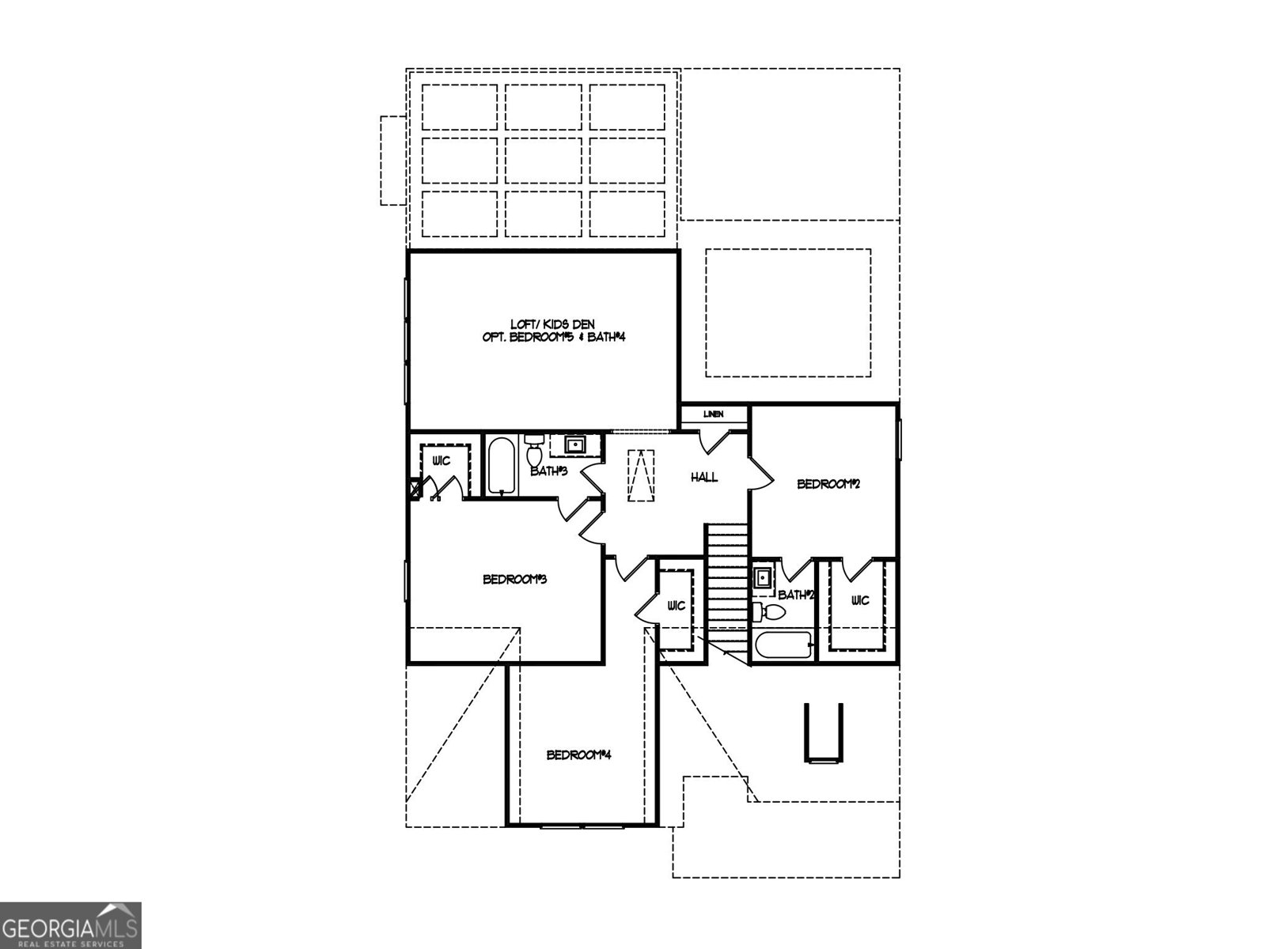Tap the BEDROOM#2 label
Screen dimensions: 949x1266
[828, 484]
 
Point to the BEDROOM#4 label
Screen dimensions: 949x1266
[579, 754]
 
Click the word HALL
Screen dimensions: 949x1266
[704, 477]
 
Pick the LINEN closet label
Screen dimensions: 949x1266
[713, 414]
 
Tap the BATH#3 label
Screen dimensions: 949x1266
[548, 471]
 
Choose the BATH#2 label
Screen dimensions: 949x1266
[796, 595]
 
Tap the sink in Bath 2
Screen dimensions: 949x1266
[763, 577]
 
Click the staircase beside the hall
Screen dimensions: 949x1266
[727, 585]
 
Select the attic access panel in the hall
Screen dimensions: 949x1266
[641, 475]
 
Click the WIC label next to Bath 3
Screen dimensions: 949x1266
[441, 461]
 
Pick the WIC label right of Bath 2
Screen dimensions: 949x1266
[860, 600]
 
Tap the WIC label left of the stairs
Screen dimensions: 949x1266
[676, 606]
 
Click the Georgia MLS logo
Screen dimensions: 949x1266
[70, 924]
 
